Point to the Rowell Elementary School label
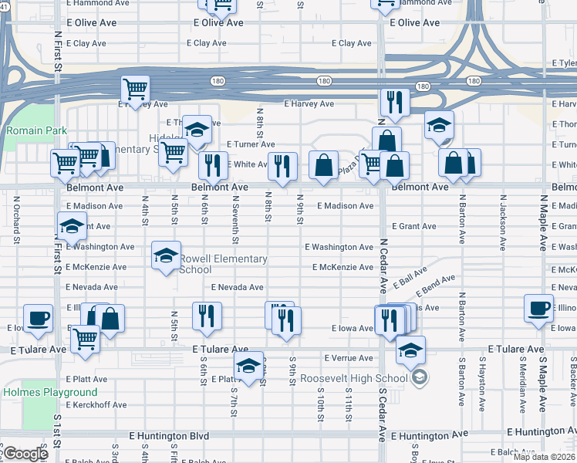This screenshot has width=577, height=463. pyautogui.click(x=223, y=265)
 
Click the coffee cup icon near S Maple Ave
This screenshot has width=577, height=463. pyautogui.click(x=538, y=306)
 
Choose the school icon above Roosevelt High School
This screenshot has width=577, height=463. pyautogui.click(x=411, y=349)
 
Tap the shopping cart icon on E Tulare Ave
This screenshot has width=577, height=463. pyautogui.click(x=85, y=336)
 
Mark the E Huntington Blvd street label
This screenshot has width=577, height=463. pyautogui.click(x=169, y=436)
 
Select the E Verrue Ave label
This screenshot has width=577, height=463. pyautogui.click(x=348, y=358)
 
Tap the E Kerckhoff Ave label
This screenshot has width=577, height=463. pyautogui.click(x=96, y=404)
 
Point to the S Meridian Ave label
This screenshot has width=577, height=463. pyautogui.click(x=524, y=373)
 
